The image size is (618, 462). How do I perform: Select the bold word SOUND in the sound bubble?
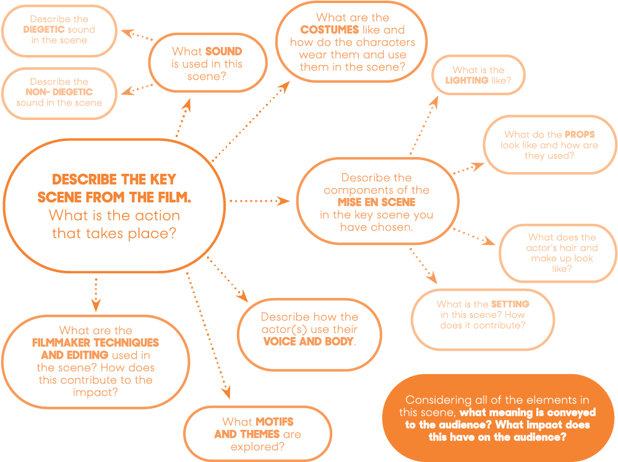pyautogui.click(x=223, y=52)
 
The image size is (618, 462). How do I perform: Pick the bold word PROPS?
pyautogui.click(x=579, y=134)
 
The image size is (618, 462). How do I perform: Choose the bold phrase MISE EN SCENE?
pyautogui.click(x=376, y=202)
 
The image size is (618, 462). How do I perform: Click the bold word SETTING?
pyautogui.click(x=510, y=304)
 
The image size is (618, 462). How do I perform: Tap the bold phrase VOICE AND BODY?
pyautogui.click(x=308, y=341)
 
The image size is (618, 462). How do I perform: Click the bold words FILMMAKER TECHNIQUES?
pyautogui.click(x=95, y=343)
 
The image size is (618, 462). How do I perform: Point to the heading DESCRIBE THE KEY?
pyautogui.click(x=114, y=180)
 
